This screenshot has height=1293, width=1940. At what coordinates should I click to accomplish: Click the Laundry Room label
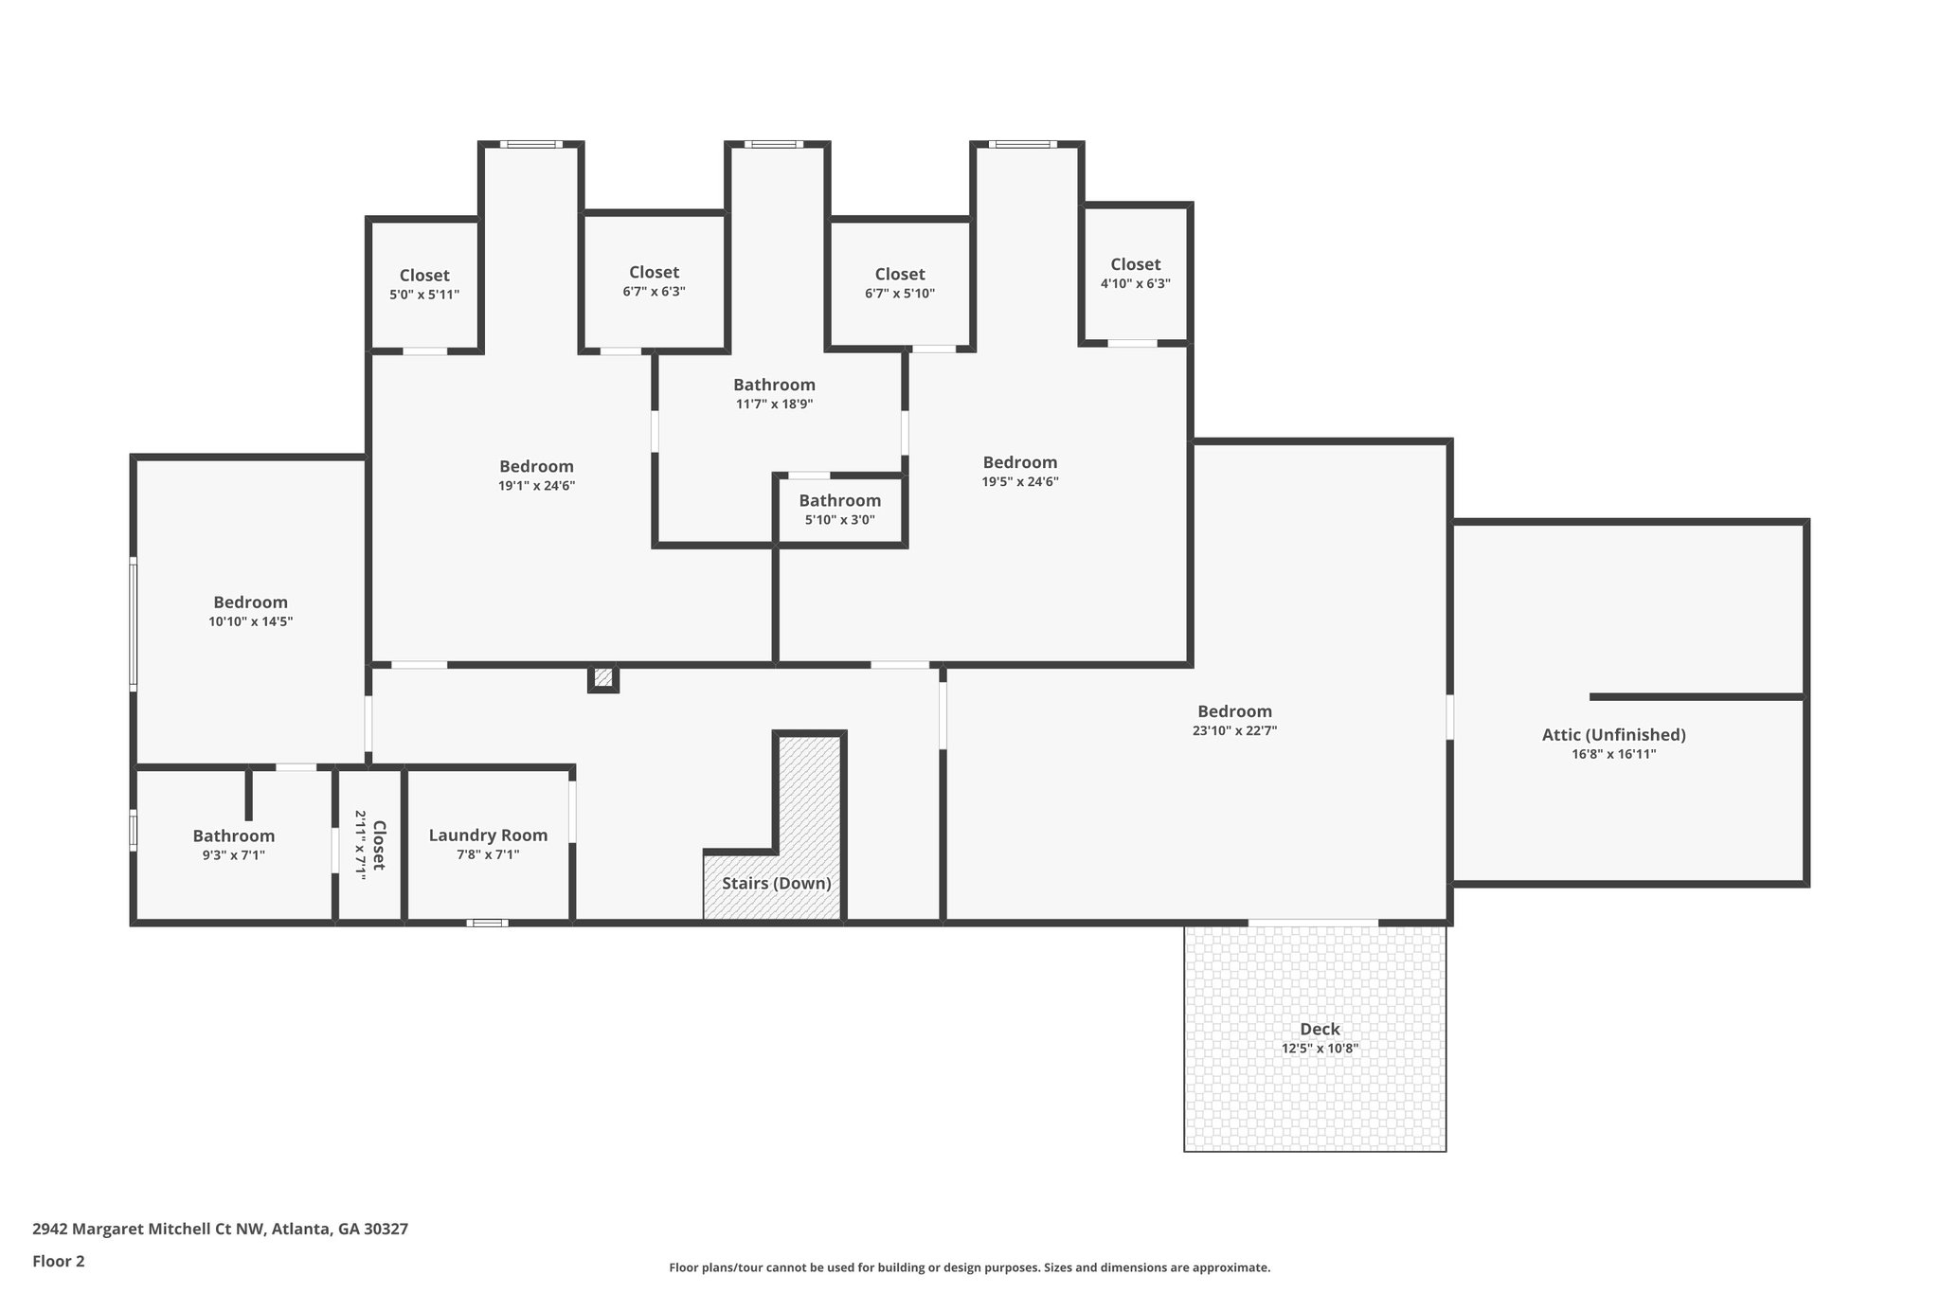point(488,835)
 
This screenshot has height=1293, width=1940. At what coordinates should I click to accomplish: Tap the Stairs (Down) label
point(776,883)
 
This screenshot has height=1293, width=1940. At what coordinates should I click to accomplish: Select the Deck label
point(1320,1029)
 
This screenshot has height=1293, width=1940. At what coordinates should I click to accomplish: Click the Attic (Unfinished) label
point(1613,735)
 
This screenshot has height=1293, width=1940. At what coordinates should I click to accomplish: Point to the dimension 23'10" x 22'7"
point(1234,730)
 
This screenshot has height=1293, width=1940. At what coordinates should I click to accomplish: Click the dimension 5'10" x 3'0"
point(839,520)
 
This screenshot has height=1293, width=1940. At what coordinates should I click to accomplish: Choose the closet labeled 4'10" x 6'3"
point(1135,273)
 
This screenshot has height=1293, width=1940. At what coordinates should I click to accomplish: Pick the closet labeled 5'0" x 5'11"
point(424,284)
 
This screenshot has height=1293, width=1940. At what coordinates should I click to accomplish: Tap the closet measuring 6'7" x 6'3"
point(654,281)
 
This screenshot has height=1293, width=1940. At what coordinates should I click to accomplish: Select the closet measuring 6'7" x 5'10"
point(900,283)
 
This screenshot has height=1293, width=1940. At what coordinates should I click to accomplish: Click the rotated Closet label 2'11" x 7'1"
point(369,845)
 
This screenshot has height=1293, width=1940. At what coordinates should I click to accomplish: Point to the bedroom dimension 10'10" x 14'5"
point(250,621)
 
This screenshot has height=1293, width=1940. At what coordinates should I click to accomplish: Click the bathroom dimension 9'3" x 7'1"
point(233,855)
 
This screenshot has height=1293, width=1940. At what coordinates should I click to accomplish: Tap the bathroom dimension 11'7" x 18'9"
point(774,404)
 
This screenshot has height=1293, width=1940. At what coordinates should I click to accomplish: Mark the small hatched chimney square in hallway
point(603,678)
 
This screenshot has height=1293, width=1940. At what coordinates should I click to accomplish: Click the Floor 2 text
point(59,1261)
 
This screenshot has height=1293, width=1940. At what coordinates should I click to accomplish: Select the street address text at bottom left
point(220,1229)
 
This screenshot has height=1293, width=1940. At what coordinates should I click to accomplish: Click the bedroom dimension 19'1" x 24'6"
point(536,486)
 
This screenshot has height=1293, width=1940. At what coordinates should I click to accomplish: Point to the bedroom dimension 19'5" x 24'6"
point(1019,481)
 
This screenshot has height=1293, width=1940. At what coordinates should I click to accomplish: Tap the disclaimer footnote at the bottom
point(969,1267)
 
